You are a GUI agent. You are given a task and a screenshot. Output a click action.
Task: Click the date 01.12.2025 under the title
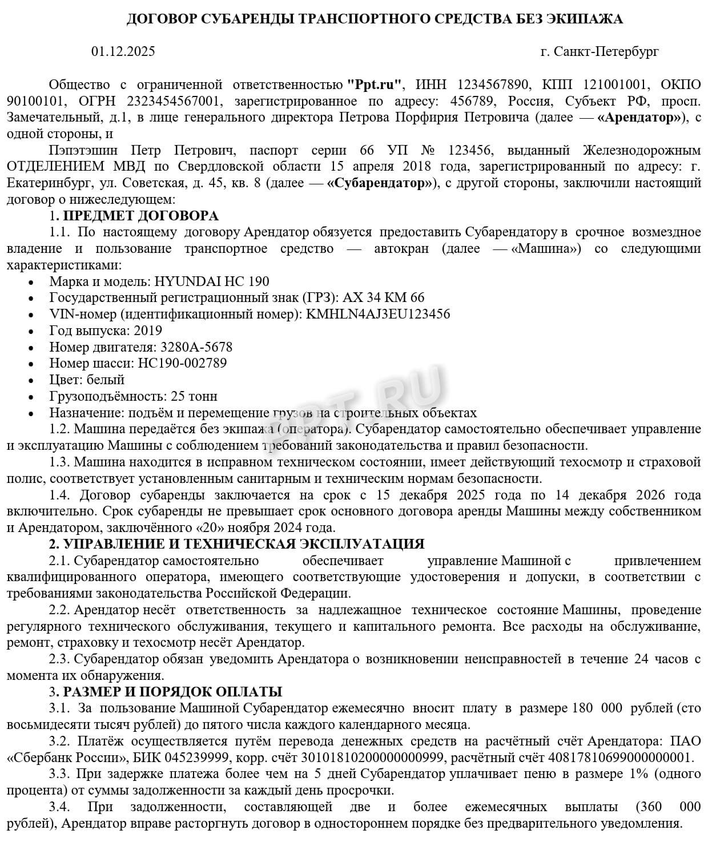123,52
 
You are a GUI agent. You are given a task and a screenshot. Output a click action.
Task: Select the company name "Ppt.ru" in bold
375,85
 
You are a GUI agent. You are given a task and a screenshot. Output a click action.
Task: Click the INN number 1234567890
493,85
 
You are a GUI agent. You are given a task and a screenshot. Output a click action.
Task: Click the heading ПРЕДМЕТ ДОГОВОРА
140,216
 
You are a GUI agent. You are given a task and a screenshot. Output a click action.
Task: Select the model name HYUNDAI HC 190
212,282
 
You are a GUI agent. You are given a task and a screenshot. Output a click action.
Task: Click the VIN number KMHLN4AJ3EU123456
378,315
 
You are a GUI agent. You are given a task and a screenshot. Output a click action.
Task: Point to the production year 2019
147,331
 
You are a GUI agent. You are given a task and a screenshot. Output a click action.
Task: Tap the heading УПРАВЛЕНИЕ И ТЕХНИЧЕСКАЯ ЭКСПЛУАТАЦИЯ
243,545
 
